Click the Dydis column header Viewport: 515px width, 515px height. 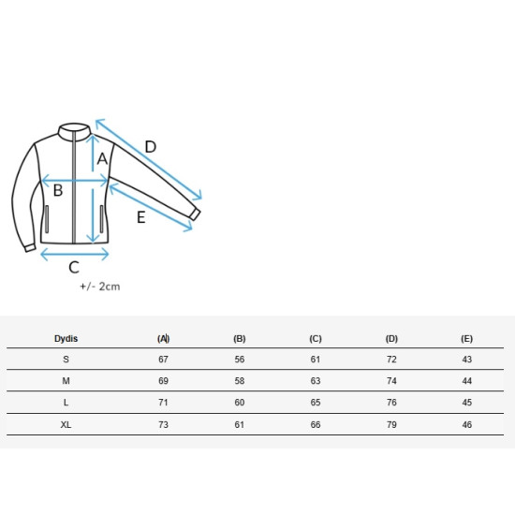[66, 339]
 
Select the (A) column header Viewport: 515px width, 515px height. [163, 339]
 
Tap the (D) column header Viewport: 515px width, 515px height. [391, 339]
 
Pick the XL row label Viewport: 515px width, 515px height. [66, 425]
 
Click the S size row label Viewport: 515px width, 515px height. [66, 360]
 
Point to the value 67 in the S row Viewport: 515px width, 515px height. [163, 360]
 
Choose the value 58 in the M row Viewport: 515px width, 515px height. [240, 381]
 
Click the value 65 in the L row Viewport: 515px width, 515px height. [316, 403]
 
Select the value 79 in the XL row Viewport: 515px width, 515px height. [391, 425]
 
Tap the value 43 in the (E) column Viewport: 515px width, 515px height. [466, 360]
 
